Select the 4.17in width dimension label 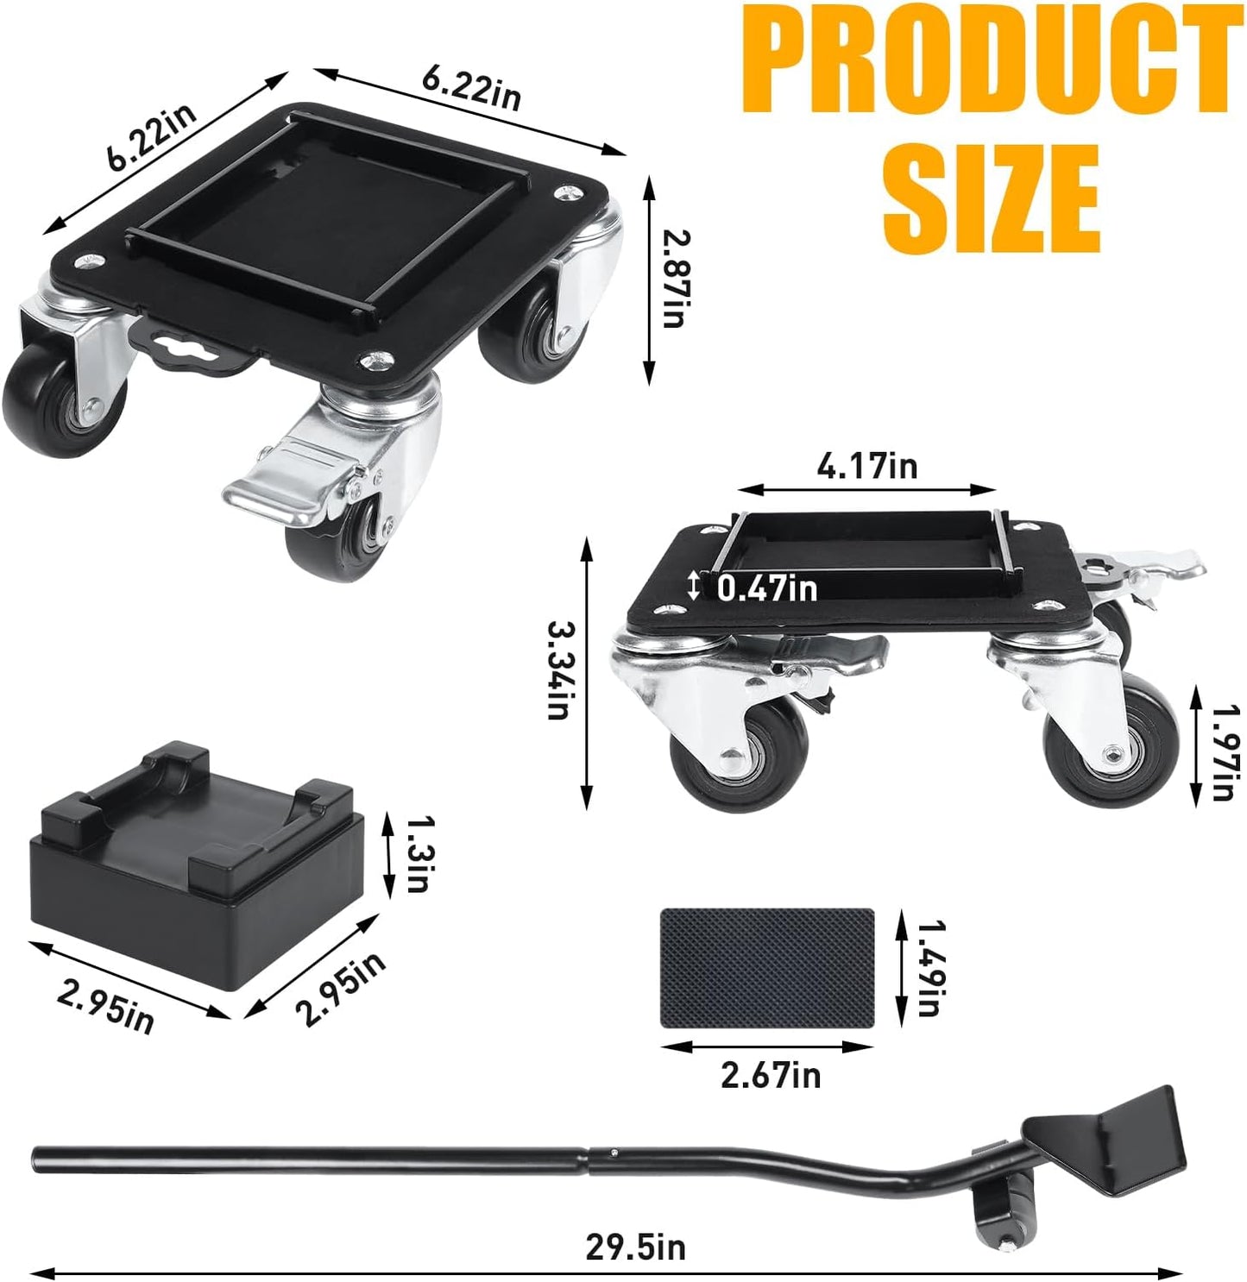(866, 467)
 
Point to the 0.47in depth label (766, 588)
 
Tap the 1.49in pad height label (929, 967)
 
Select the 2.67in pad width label (770, 1075)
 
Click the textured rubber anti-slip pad (767, 967)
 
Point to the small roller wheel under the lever (992, 1211)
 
